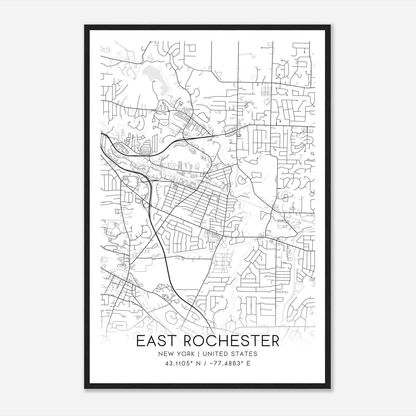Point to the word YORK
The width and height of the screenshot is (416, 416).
pyautogui.click(x=185, y=354)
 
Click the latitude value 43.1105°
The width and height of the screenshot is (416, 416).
pyautogui.click(x=179, y=363)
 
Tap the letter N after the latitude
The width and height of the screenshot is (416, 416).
pyautogui.click(x=198, y=363)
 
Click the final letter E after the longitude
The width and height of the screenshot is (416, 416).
pyautogui.click(x=249, y=363)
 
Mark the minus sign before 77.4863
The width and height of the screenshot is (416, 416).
pyautogui.click(x=211, y=363)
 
